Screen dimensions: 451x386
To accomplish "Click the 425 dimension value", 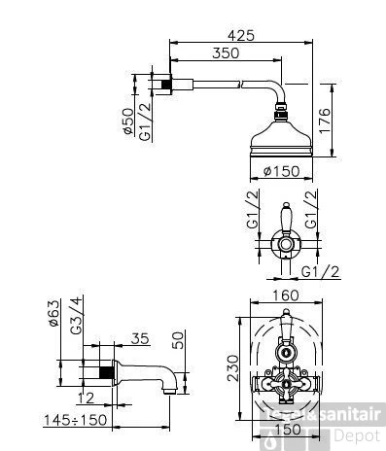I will point(241,35).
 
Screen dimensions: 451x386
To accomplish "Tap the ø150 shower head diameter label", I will point(282,172).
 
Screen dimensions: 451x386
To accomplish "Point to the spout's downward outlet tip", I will point(172,390).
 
